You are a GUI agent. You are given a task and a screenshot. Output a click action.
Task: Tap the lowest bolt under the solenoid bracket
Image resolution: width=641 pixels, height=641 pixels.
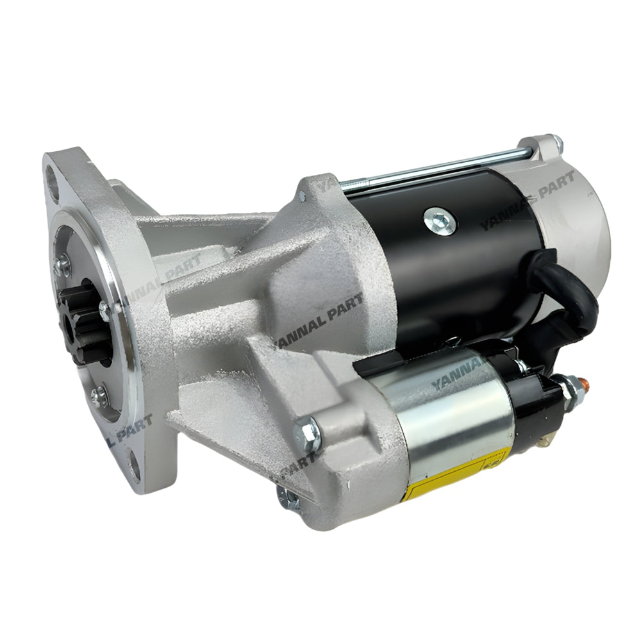288,497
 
